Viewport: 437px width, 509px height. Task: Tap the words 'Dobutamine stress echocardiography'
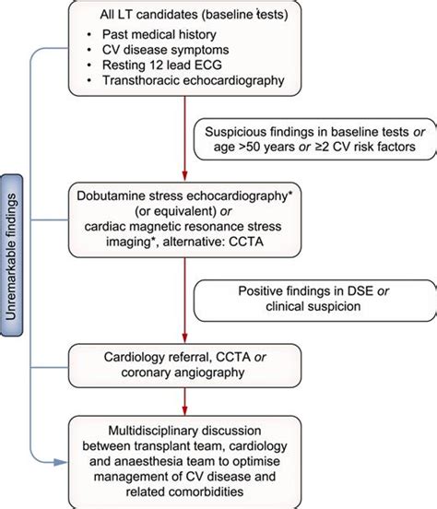pyautogui.click(x=184, y=199)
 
